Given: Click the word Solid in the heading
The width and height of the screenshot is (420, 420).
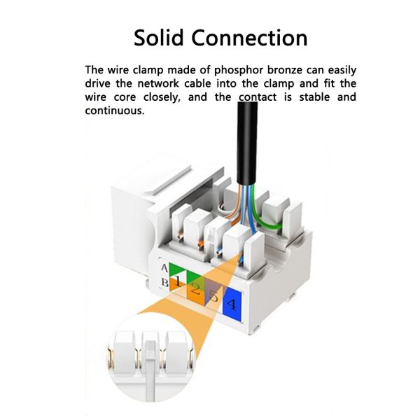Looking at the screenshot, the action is (159, 38).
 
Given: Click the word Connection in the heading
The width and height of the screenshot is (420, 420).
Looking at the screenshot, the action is (249, 38).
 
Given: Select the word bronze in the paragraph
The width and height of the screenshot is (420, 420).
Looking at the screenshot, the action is (285, 70).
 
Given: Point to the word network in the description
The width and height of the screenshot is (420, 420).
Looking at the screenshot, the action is (158, 83).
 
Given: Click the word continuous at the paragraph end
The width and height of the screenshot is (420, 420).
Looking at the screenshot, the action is (115, 111).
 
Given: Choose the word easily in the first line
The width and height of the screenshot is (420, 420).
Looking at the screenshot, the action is (342, 71).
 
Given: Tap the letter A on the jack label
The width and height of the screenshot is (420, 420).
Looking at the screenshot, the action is (164, 267).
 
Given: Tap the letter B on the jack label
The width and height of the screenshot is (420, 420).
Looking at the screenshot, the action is (164, 283).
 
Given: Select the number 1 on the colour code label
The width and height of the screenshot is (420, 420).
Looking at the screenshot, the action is (178, 282).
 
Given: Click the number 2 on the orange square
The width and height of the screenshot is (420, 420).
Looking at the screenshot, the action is (196, 289).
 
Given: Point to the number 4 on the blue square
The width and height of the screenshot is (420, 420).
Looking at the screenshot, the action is (232, 304).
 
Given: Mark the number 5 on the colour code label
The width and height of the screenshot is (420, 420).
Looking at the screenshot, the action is (214, 297).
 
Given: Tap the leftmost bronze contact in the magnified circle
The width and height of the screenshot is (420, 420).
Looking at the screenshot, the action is (111, 358).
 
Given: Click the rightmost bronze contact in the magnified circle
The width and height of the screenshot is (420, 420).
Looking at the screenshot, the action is (192, 359).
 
